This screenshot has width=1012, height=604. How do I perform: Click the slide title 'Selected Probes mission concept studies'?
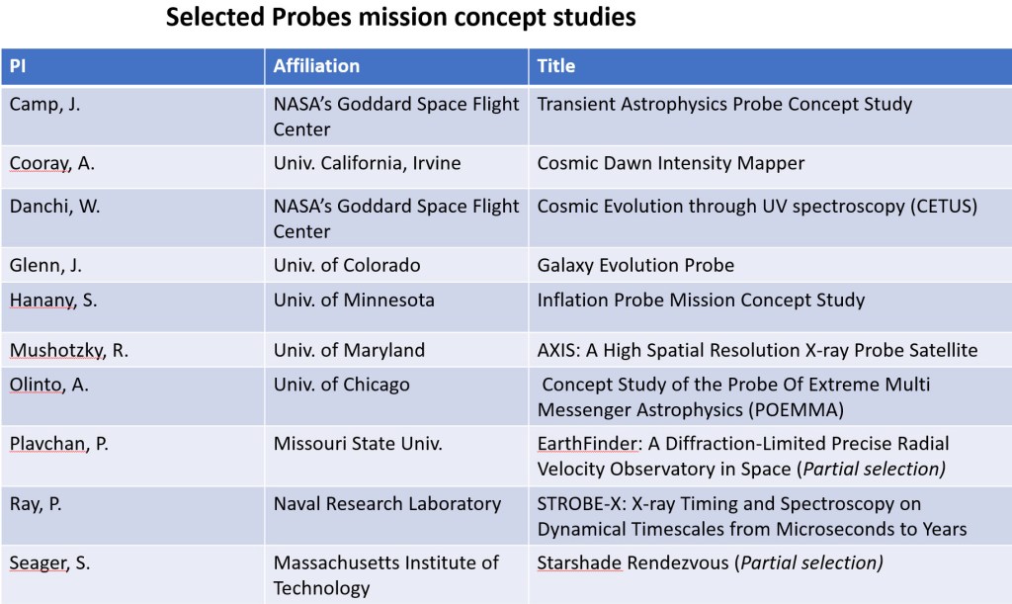(400, 18)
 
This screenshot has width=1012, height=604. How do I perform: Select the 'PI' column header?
(20, 66)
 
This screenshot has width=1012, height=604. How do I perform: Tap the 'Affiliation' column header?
(316, 66)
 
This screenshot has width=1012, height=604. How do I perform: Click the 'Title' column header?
(556, 66)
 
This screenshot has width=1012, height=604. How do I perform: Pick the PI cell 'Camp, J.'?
(44, 104)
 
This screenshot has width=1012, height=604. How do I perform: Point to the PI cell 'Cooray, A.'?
(52, 163)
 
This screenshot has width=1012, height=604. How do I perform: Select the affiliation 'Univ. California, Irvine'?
(367, 163)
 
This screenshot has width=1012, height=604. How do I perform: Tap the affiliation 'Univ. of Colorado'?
(347, 265)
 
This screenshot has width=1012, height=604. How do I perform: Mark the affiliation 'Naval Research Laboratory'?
(387, 503)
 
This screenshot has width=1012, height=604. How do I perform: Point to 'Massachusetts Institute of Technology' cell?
(386, 575)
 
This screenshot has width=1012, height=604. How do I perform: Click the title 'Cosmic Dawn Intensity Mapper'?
(671, 163)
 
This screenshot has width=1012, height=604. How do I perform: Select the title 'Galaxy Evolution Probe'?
(635, 265)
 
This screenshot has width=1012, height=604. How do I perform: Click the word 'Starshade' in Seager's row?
(579, 562)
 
